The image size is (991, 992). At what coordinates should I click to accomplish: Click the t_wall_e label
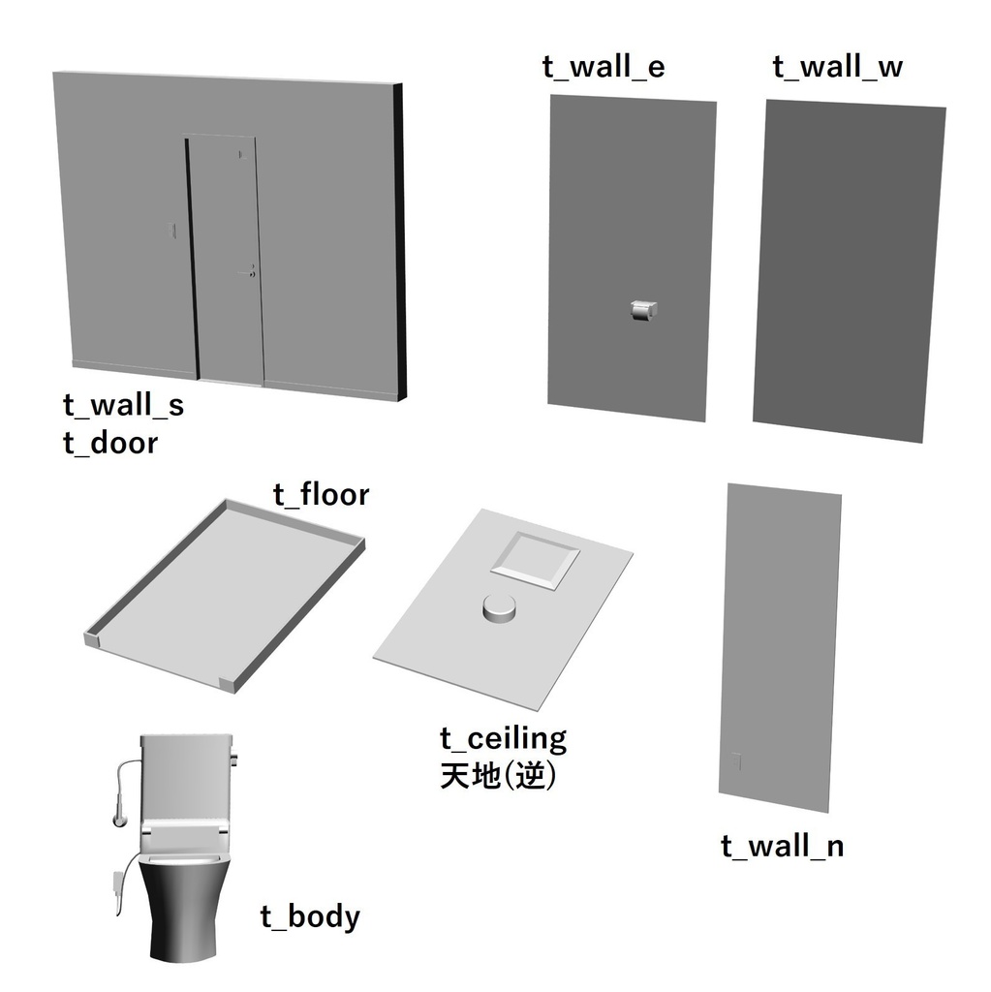[x=604, y=67]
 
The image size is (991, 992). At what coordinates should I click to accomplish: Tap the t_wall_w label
[x=837, y=67]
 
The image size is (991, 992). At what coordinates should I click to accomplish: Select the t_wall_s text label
[x=123, y=406]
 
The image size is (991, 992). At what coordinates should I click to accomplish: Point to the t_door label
[x=110, y=443]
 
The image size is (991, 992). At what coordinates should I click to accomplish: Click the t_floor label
[x=321, y=494]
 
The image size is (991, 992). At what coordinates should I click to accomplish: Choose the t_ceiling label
[x=503, y=739]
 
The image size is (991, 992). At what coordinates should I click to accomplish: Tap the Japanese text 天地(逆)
[x=498, y=776]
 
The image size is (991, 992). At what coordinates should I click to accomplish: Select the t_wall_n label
[x=782, y=847]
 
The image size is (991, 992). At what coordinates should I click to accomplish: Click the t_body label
[x=310, y=916]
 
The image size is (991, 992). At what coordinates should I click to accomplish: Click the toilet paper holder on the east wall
[x=643, y=310]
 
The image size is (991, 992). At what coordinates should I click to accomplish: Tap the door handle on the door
[x=247, y=272]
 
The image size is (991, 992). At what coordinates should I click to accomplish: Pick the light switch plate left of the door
[x=170, y=231]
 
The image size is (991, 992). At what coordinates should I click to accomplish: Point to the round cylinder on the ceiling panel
[x=499, y=608]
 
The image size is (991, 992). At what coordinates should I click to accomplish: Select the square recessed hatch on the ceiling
[x=536, y=561]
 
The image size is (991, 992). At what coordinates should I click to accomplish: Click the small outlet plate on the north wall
[x=736, y=761]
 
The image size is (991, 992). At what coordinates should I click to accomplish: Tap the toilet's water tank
[x=185, y=777]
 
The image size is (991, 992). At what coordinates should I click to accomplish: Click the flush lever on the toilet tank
[x=234, y=758]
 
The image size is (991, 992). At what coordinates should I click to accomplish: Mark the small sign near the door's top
[x=240, y=154]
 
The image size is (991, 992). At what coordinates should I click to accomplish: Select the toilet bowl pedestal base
[x=183, y=911]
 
